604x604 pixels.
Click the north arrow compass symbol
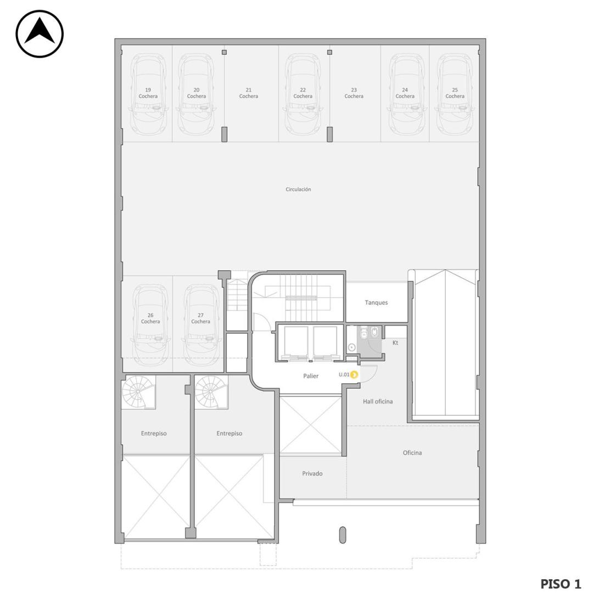coord(40,34)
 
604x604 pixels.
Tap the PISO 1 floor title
coord(561,584)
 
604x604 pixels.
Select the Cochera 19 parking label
coord(148,93)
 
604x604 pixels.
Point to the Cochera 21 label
coord(248,93)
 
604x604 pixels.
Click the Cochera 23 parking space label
coord(354,93)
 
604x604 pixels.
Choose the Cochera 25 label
coord(455,93)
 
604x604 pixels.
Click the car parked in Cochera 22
coord(303,95)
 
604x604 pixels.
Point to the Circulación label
coord(298,189)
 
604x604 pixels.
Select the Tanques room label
coord(376,303)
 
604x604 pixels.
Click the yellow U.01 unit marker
coord(354,374)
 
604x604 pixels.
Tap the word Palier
coord(310,376)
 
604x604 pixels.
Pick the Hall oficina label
coord(378,401)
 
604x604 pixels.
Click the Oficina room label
coord(412,453)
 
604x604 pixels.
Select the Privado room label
coord(312,474)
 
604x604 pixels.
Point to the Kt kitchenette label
coord(395,343)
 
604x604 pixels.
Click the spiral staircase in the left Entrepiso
coord(138,392)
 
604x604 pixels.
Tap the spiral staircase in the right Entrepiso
coord(211,392)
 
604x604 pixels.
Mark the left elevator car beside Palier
coord(296,343)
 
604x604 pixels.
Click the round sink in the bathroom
coord(351,348)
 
